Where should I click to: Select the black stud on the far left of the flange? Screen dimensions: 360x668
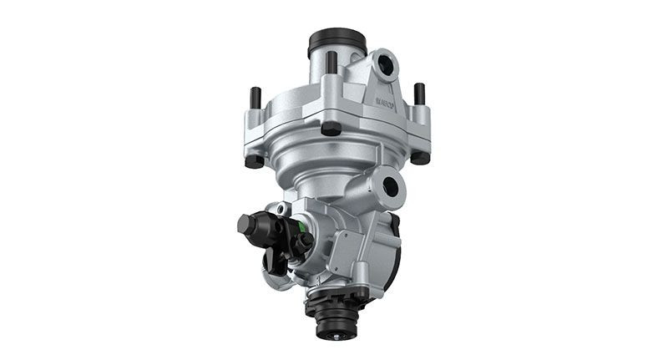coord(256,98)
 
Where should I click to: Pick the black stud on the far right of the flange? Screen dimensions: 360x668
coord(419,94)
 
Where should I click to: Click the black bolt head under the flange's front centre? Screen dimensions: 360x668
coord(331,128)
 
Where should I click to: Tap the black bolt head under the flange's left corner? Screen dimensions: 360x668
coord(255,160)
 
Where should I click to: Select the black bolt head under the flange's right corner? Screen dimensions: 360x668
coord(420,156)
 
